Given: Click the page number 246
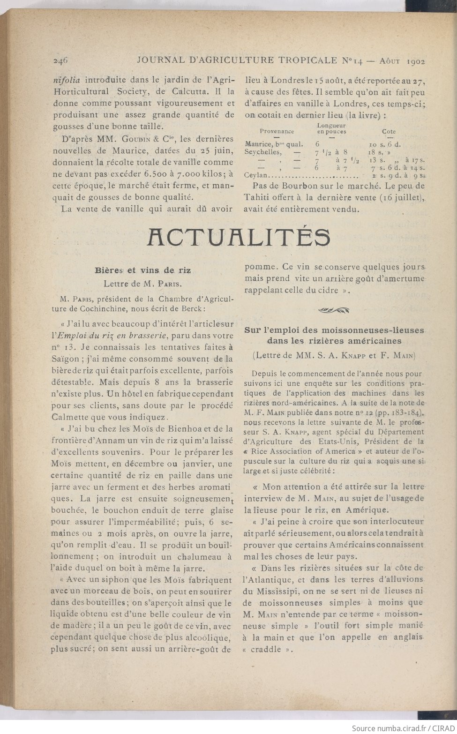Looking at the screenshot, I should [x=61, y=60].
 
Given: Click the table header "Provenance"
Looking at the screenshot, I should [x=277, y=132].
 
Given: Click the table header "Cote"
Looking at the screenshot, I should [x=389, y=132].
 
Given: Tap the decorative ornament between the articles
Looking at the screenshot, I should [x=334, y=309].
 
